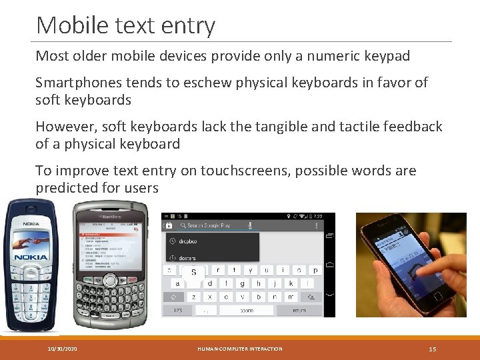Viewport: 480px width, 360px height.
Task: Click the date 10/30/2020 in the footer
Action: (62, 349)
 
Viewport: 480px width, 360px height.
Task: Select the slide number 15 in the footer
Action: (432, 349)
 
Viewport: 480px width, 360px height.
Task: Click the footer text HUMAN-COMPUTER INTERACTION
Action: (240, 349)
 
